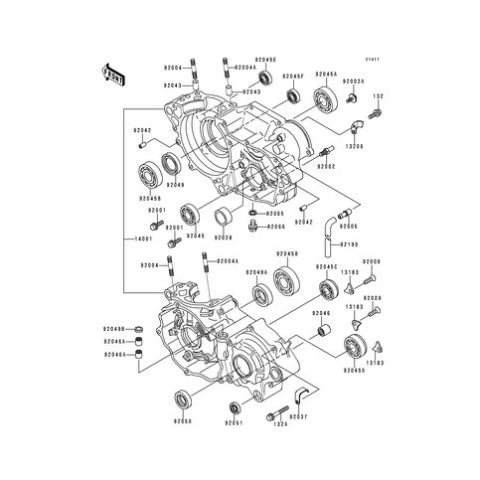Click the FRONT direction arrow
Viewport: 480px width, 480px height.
tap(110, 72)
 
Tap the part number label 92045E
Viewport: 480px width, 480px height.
tap(265, 60)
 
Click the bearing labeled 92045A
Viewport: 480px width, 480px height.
tap(325, 99)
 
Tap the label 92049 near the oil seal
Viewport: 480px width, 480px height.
tap(175, 185)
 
